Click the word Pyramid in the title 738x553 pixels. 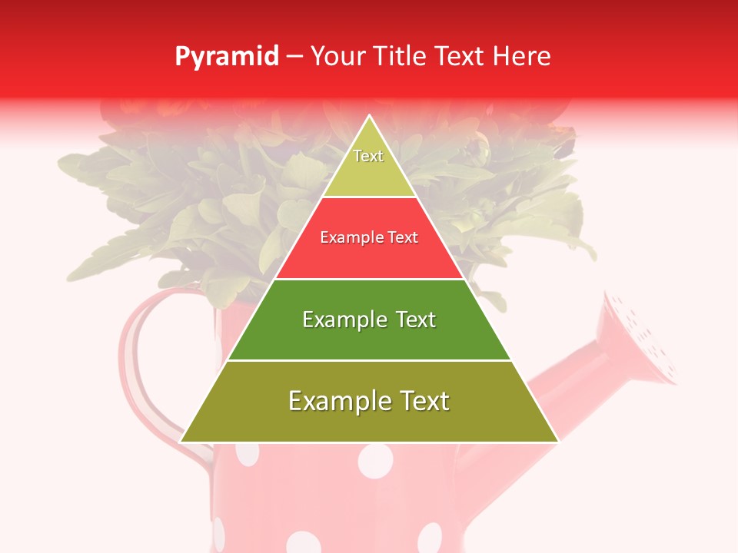tap(227, 57)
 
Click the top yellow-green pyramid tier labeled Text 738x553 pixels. tap(369, 165)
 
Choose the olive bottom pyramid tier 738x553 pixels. tap(369, 411)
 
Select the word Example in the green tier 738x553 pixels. tap(337, 320)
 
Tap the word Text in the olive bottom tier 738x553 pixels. tap(423, 401)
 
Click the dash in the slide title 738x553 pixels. tap(294, 57)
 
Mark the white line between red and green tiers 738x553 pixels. tap(369, 279)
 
